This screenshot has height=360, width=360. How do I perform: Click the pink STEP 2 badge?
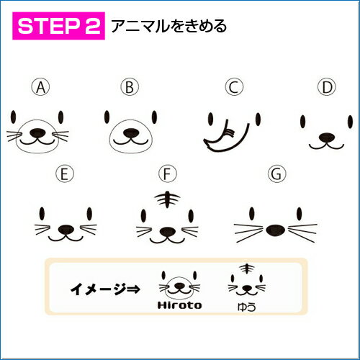pos(58,26)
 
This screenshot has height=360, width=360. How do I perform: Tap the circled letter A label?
pos(41,87)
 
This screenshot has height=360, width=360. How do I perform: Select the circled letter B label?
pos(130,87)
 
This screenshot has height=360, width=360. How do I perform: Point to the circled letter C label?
pos(234,87)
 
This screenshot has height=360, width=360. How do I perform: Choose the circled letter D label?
pos(327,87)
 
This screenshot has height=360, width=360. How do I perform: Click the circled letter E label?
pos(65,174)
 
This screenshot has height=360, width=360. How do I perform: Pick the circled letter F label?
pos(168,174)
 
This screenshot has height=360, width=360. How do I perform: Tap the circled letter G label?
pos(277,174)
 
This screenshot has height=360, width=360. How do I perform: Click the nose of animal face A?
pos(37,133)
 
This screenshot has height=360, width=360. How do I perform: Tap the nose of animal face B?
pos(131,133)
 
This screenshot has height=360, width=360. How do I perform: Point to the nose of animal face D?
pos(327,138)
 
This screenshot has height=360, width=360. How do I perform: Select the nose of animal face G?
pos(276,230)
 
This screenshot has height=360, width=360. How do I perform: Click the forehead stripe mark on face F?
pos(167,199)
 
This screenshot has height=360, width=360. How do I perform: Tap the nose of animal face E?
pos(66,230)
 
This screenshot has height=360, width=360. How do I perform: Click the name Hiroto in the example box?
pos(179,305)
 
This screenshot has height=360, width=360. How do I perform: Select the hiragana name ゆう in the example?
pos(247,307)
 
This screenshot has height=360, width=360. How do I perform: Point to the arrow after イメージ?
pos(134,289)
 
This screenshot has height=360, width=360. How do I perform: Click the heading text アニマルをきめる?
pos(168,26)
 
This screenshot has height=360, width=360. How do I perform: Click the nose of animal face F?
pos(168,232)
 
